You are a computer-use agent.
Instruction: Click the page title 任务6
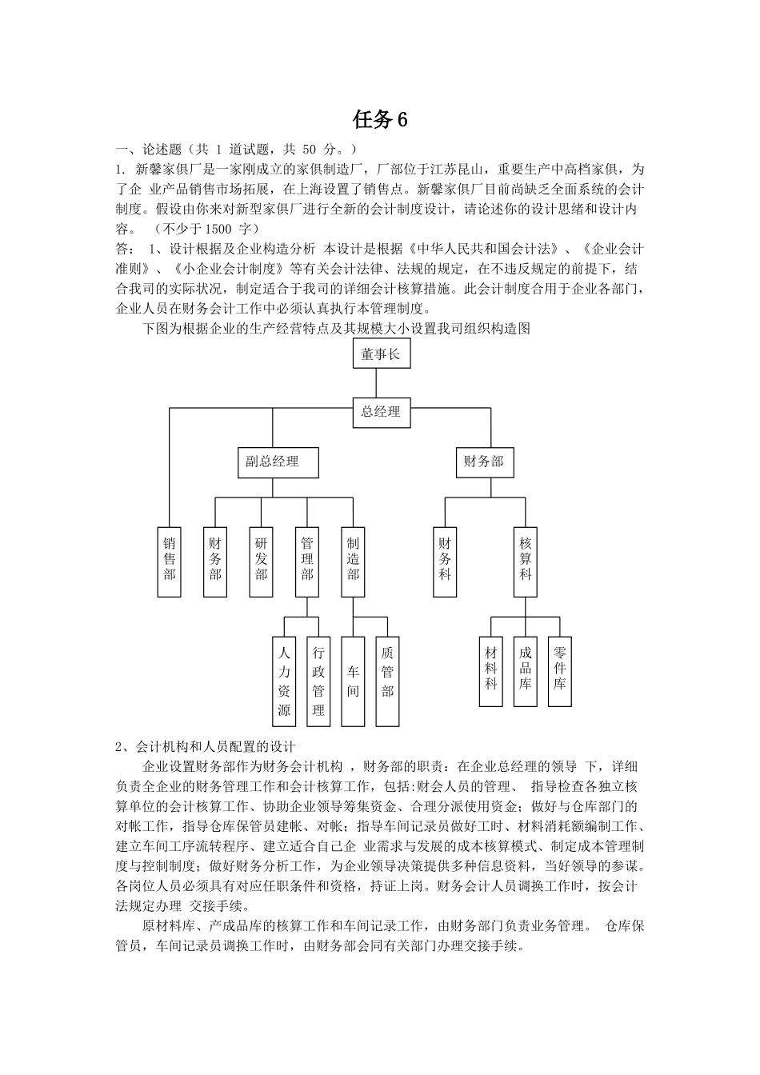[x=380, y=120]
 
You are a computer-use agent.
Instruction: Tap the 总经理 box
[x=381, y=412]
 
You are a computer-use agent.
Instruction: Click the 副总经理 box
[x=273, y=462]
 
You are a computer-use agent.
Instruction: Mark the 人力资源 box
[x=285, y=681]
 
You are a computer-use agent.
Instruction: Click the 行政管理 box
[x=318, y=681]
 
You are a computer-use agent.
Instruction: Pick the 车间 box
[x=353, y=681]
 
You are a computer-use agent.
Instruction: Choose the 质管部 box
[x=388, y=681]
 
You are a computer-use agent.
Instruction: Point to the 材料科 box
[x=491, y=671]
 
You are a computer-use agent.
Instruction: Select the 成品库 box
[x=526, y=671]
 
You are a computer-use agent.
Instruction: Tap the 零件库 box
[x=560, y=671]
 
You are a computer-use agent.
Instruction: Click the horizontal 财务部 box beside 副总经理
[x=485, y=462]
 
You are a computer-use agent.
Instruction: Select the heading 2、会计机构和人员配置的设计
[x=206, y=747]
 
